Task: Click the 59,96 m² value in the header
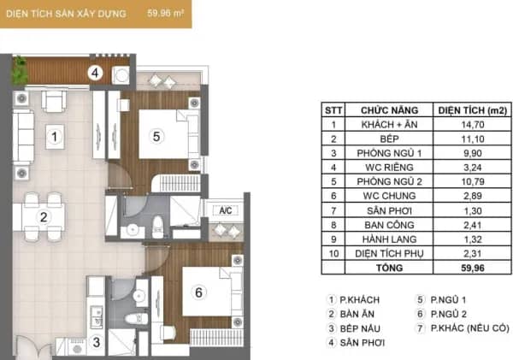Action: click(165, 14)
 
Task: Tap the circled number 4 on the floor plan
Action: click(95, 73)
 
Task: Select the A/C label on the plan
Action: click(226, 210)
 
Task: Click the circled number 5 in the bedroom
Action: click(156, 136)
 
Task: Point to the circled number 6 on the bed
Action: click(198, 292)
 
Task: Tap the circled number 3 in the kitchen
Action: click(96, 342)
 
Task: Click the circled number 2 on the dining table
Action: click(44, 217)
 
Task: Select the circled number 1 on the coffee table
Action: click(55, 137)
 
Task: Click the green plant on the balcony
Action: click(20, 71)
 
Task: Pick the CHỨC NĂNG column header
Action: click(389, 110)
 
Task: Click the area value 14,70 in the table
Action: click(473, 125)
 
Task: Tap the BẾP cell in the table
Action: click(389, 139)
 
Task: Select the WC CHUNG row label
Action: click(389, 196)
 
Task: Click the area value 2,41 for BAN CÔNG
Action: click(473, 225)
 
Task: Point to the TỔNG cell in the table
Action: click(389, 268)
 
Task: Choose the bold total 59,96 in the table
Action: click(473, 268)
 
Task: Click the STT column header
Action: click(333, 110)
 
